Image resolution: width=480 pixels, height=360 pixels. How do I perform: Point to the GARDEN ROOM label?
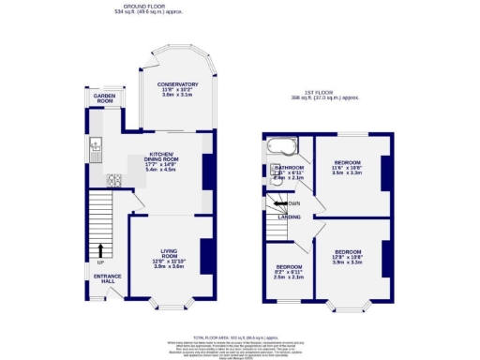click(102, 97)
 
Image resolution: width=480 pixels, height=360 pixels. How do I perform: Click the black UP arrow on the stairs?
click(100, 249)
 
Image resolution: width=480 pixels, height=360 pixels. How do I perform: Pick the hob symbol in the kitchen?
click(114, 179)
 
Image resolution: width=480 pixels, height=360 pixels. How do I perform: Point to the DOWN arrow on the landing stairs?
click(280, 203)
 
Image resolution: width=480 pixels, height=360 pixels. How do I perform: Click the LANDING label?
click(289, 217)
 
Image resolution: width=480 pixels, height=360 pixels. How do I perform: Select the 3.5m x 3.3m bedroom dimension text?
click(348, 173)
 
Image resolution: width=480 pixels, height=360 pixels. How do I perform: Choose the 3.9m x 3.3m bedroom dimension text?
click(348, 262)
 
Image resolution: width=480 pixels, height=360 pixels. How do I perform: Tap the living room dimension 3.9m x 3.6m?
click(169, 267)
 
